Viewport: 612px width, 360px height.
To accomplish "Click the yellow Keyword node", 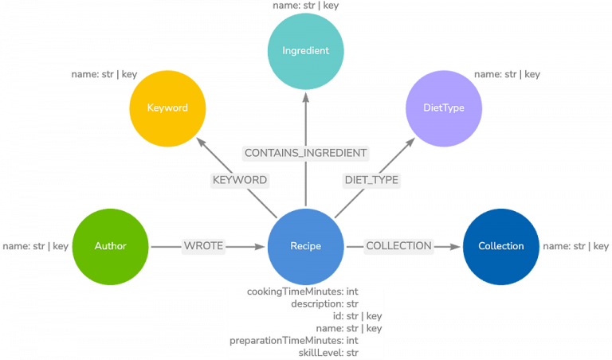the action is click(x=167, y=108).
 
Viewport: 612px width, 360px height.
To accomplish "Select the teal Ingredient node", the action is click(x=306, y=51).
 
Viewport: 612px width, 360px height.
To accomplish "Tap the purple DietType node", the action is click(x=444, y=108).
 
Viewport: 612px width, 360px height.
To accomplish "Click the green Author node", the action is click(x=111, y=246).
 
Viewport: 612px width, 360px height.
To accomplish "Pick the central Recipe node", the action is click(x=306, y=246).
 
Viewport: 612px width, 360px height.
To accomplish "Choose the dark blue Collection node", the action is click(x=500, y=246).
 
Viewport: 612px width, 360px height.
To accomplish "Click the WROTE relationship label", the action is click(x=203, y=246).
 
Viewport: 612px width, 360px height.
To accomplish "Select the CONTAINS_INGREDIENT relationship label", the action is click(x=306, y=153).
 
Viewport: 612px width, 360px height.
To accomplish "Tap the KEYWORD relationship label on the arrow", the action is click(x=240, y=180).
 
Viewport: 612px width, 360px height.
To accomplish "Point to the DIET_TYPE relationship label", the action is click(x=371, y=180).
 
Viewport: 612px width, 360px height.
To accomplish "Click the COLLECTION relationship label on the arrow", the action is click(x=399, y=246).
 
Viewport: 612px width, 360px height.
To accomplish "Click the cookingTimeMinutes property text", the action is click(x=303, y=292).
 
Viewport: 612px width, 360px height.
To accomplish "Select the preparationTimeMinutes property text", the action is click(x=294, y=341).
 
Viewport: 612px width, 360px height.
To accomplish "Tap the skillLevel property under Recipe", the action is click(x=328, y=353).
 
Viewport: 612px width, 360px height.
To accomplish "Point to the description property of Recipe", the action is click(x=325, y=303).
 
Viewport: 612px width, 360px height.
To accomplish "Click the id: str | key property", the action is click(x=358, y=316).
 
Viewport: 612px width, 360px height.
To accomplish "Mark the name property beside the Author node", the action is click(x=36, y=246).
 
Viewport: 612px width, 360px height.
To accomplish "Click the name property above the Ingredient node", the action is click(x=306, y=6).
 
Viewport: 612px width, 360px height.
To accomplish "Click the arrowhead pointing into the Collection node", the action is click(x=455, y=246).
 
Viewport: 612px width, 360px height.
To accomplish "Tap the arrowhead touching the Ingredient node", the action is click(x=306, y=97).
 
